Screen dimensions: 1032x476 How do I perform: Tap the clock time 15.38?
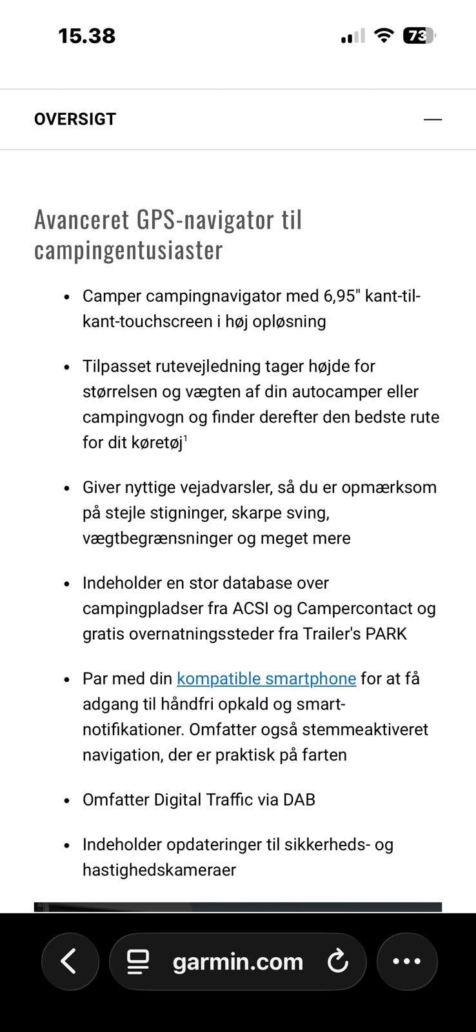[x=86, y=35]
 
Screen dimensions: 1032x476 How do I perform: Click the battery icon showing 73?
[x=419, y=35]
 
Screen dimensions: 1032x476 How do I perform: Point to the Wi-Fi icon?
[x=384, y=35]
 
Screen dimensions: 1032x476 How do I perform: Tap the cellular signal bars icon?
[x=353, y=37]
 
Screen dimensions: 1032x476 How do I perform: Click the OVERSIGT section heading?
[x=75, y=119]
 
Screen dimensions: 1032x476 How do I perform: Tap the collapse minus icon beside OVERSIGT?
[x=433, y=119]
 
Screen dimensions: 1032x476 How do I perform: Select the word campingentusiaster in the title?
[x=128, y=250]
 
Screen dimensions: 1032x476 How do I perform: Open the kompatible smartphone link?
[x=266, y=679]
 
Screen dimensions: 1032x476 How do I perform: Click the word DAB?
[x=299, y=800]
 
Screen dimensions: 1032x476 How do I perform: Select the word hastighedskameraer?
[x=159, y=870]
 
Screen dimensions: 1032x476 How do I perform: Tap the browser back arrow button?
[x=70, y=961]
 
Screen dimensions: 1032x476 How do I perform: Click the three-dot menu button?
[x=407, y=961]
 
